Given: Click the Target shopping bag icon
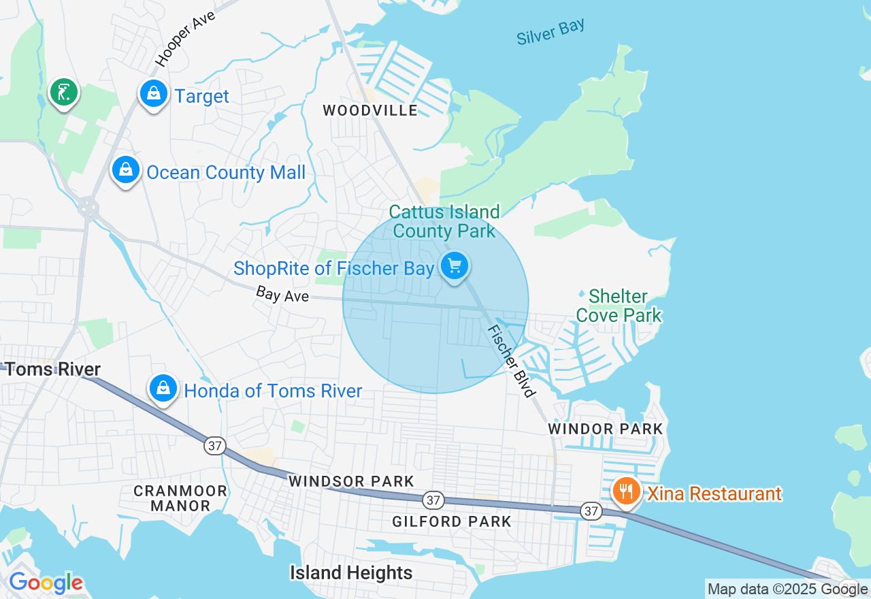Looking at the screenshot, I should [x=154, y=94].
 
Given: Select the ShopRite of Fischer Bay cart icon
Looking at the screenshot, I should [x=454, y=266].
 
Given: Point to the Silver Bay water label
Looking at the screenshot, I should [x=550, y=32].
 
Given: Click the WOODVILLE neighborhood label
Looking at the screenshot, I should [x=370, y=110].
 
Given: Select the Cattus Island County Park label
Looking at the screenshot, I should [x=445, y=221].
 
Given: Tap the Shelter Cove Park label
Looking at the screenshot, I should [x=619, y=306].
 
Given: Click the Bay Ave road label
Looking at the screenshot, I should [x=282, y=295].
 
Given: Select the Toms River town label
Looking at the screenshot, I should [x=52, y=370].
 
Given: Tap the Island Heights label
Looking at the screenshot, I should [x=351, y=572].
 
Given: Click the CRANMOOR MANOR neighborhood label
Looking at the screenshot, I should [x=180, y=498].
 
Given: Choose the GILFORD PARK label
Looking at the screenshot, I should [x=452, y=522].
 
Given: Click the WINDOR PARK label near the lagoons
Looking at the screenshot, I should [x=605, y=429].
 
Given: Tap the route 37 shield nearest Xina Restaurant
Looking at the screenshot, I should [x=591, y=511].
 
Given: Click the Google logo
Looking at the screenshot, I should [x=46, y=583].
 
